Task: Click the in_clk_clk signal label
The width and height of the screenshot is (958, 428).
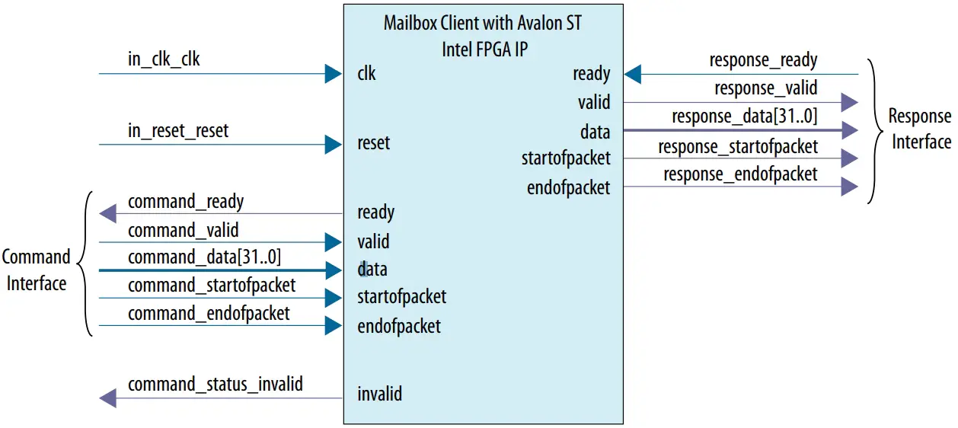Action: pos(164,59)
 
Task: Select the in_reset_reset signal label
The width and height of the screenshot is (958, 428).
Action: pos(178,131)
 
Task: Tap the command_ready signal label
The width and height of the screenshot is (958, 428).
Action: pos(186,202)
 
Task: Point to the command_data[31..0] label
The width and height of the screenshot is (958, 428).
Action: pos(199,257)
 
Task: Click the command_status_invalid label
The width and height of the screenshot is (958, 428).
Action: pos(216,385)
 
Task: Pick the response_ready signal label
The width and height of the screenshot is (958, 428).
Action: pos(763,60)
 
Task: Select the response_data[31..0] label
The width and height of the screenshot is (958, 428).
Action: pos(744,117)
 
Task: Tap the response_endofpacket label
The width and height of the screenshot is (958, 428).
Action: pos(740,174)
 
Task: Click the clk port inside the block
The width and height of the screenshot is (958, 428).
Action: pos(366,74)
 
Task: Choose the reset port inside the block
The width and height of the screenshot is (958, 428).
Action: pos(373,143)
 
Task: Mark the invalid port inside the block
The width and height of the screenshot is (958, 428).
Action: pos(379,394)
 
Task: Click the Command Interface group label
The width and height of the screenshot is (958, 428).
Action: pos(36,270)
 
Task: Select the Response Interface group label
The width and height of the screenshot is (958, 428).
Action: pos(921,129)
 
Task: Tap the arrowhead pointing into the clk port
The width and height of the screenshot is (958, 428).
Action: pos(333,74)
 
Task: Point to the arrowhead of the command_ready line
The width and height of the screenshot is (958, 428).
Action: pos(108,214)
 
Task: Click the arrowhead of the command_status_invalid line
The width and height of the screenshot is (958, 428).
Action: pos(108,398)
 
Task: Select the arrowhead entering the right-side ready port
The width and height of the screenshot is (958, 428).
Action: pos(634,74)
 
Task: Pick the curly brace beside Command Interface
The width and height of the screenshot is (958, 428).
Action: pos(87,264)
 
